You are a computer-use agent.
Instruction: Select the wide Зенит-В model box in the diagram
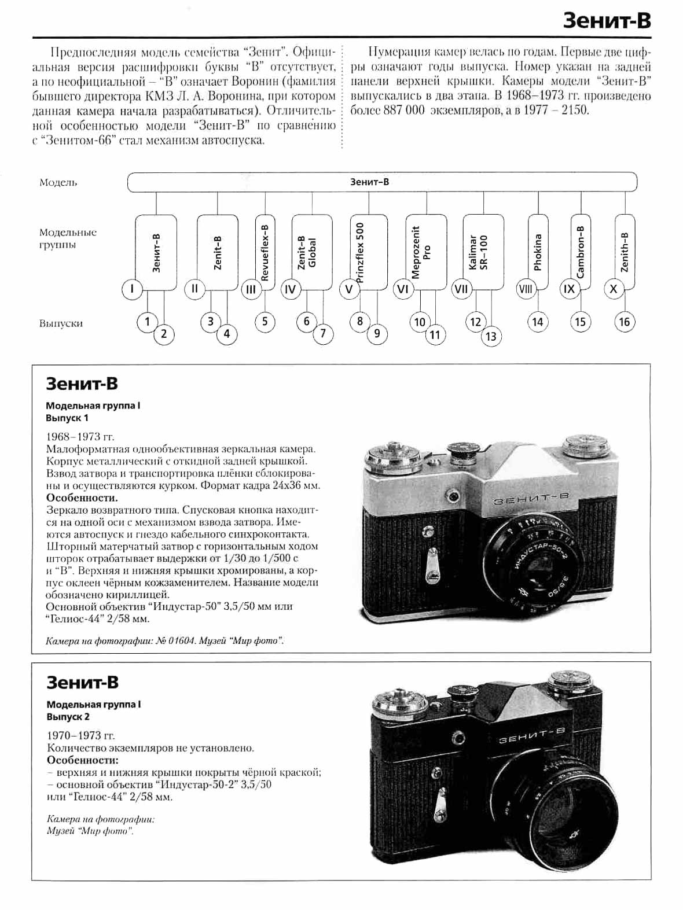382,182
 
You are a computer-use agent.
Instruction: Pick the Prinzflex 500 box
369,252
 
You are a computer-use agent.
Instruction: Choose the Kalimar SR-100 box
483,252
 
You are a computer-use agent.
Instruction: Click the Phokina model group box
538,252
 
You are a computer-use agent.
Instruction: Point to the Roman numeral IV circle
291,289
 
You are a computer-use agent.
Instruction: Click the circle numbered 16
624,322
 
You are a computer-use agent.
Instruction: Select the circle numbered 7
323,333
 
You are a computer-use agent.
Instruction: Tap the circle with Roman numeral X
614,289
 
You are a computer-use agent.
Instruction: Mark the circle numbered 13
491,336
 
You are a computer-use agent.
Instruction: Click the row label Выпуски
61,323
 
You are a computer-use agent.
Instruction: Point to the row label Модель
58,182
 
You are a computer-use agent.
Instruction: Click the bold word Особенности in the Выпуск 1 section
82,498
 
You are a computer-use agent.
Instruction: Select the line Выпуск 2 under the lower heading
68,717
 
